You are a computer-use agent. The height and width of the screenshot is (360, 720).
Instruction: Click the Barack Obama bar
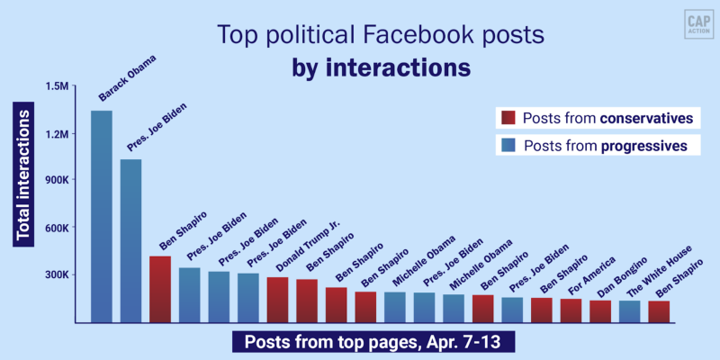(x=102, y=216)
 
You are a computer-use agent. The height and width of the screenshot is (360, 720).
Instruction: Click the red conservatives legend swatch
(x=507, y=118)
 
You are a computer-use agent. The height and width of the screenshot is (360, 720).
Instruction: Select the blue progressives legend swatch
(x=507, y=144)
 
